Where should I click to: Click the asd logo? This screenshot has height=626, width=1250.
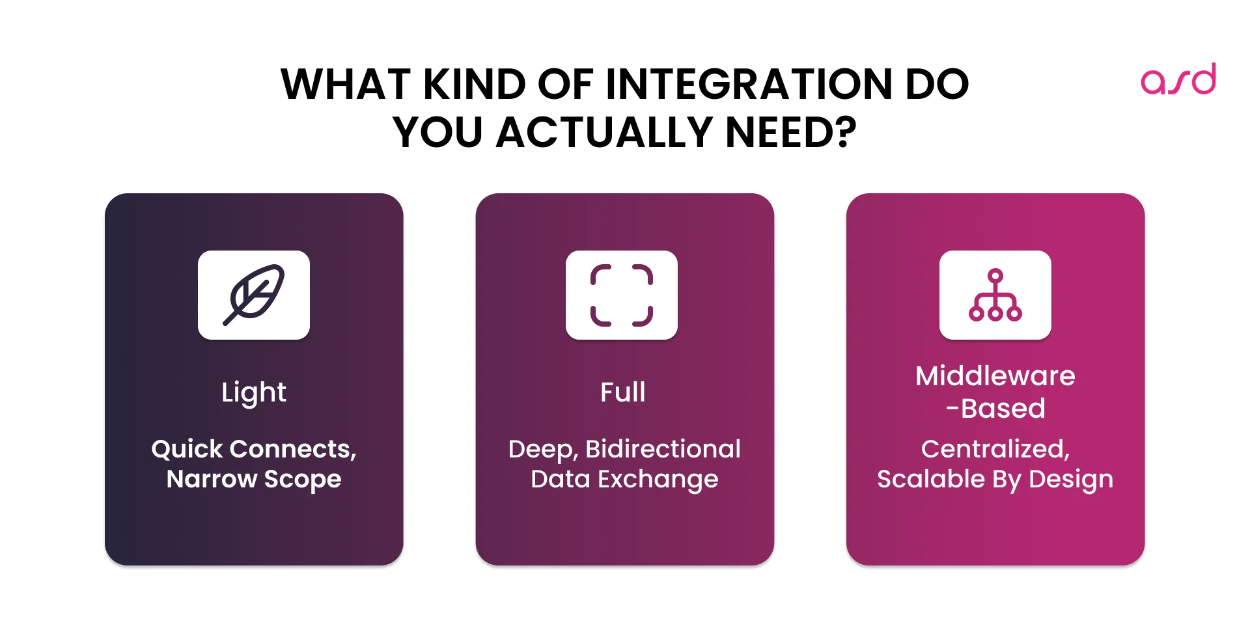click(1178, 79)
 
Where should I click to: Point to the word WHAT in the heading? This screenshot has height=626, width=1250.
click(345, 85)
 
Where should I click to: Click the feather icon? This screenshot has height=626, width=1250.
click(254, 295)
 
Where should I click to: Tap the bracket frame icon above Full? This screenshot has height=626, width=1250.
click(622, 295)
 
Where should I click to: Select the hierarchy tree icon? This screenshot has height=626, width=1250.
click(995, 295)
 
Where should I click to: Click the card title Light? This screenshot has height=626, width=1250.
click(254, 392)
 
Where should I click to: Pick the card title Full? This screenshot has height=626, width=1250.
click(623, 392)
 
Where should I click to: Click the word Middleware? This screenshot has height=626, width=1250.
click(995, 376)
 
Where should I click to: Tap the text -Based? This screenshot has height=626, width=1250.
click(995, 409)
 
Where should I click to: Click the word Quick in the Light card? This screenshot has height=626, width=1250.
click(187, 449)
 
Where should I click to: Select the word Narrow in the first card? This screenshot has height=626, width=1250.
click(212, 479)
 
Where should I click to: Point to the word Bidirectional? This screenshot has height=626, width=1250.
click(663, 449)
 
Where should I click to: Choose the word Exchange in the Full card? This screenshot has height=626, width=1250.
click(658, 480)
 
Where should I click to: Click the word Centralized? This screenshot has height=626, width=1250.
click(995, 449)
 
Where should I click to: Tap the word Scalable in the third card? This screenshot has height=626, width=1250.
click(930, 479)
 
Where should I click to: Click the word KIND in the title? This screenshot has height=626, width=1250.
click(474, 85)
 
